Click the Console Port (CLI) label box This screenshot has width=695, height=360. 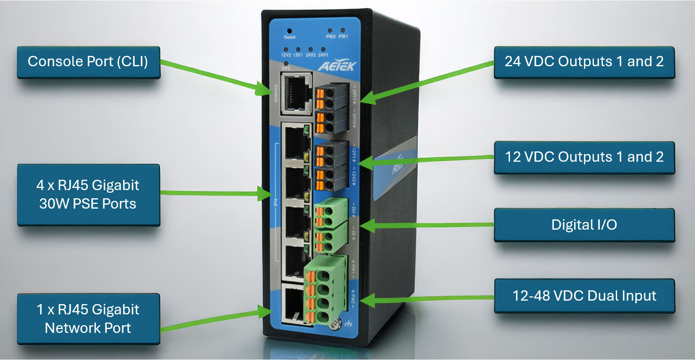[88, 62]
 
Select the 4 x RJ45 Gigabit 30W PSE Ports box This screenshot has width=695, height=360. [88, 194]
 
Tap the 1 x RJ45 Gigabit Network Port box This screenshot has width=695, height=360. [88, 319]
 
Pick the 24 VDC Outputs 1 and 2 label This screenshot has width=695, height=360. [584, 62]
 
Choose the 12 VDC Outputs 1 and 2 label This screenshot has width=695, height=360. [584, 157]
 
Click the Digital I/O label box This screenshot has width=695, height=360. [584, 225]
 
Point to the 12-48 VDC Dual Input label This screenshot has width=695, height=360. [584, 296]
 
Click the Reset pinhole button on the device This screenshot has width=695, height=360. [289, 31]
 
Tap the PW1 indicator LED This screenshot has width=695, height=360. [343, 31]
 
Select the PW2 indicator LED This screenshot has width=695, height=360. [330, 31]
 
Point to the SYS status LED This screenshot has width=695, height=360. [286, 63]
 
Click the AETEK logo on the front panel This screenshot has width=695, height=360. [337, 66]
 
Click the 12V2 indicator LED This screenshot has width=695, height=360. [286, 49]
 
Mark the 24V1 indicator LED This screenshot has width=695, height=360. [323, 49]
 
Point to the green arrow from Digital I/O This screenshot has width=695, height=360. [426, 225]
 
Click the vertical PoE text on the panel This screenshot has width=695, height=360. [275, 201]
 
